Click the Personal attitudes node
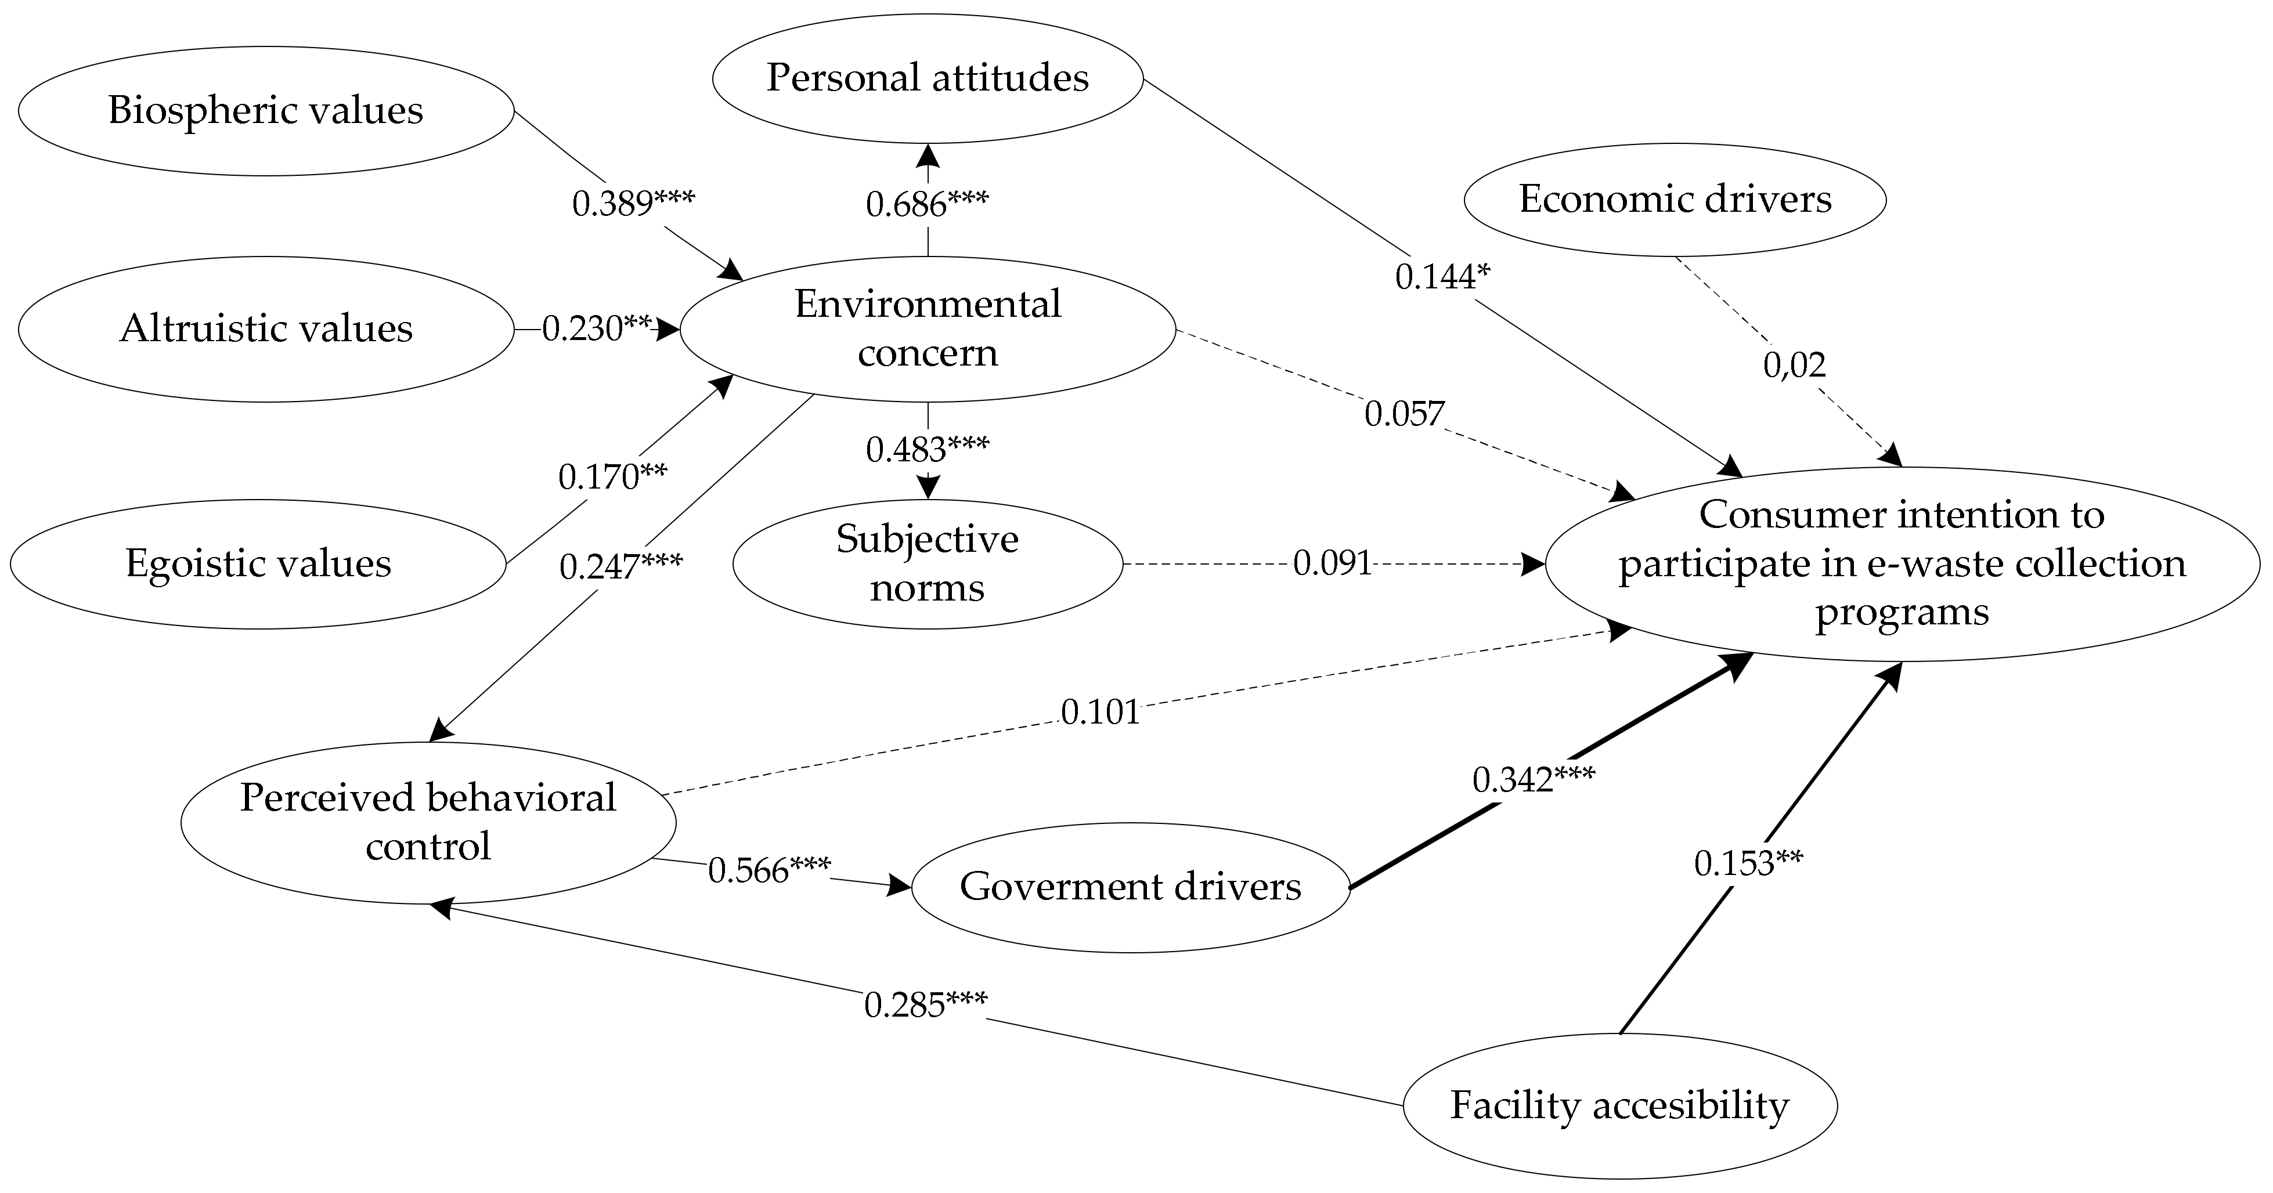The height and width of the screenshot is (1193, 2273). [928, 78]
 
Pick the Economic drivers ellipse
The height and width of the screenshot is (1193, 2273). [1675, 200]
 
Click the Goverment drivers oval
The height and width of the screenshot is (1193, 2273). [1130, 887]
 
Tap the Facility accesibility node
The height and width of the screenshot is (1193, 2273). [1619, 1105]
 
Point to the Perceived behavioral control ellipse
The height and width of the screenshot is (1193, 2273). [428, 822]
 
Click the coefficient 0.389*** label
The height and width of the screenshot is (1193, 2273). [633, 204]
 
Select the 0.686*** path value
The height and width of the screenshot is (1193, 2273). [928, 204]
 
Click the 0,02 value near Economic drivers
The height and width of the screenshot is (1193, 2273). [1794, 364]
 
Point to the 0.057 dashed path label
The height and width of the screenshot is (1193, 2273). [1404, 413]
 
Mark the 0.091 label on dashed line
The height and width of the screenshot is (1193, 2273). [1332, 563]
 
